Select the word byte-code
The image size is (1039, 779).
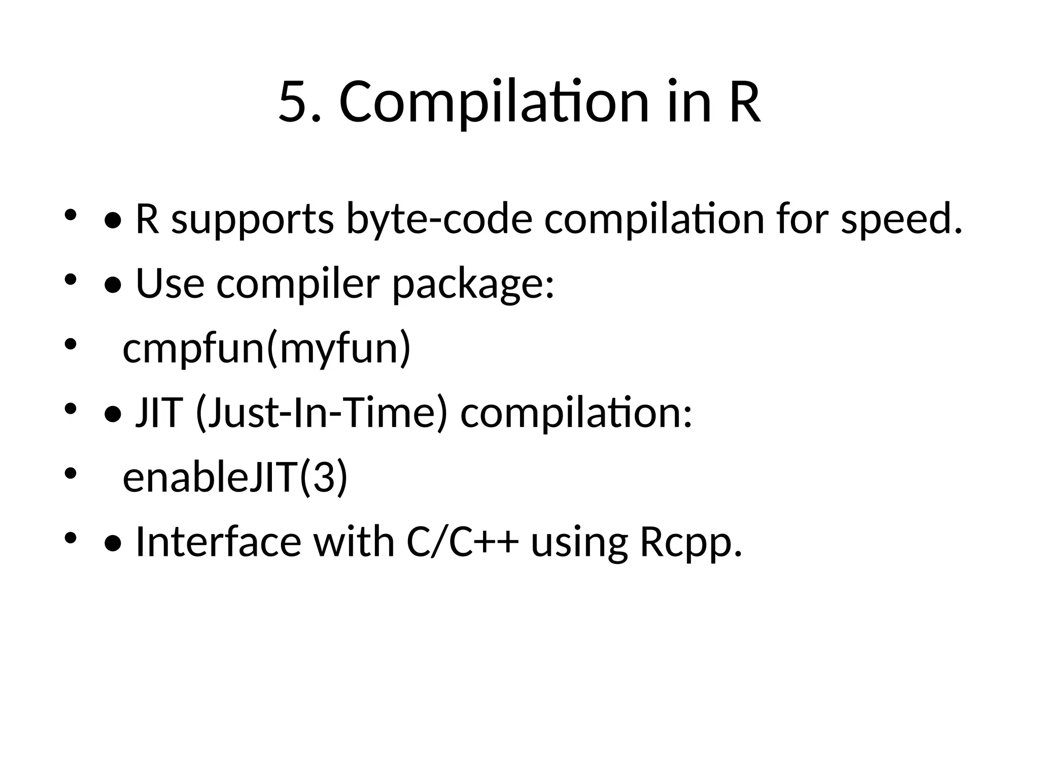[x=439, y=220]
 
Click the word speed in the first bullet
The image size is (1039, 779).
[x=901, y=220]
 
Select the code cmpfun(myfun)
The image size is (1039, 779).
[x=266, y=349]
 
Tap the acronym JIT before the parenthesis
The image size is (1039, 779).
[x=158, y=413]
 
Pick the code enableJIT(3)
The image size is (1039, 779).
[x=235, y=478]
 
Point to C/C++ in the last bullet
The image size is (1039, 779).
[x=463, y=542]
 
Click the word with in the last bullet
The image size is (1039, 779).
[x=354, y=542]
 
